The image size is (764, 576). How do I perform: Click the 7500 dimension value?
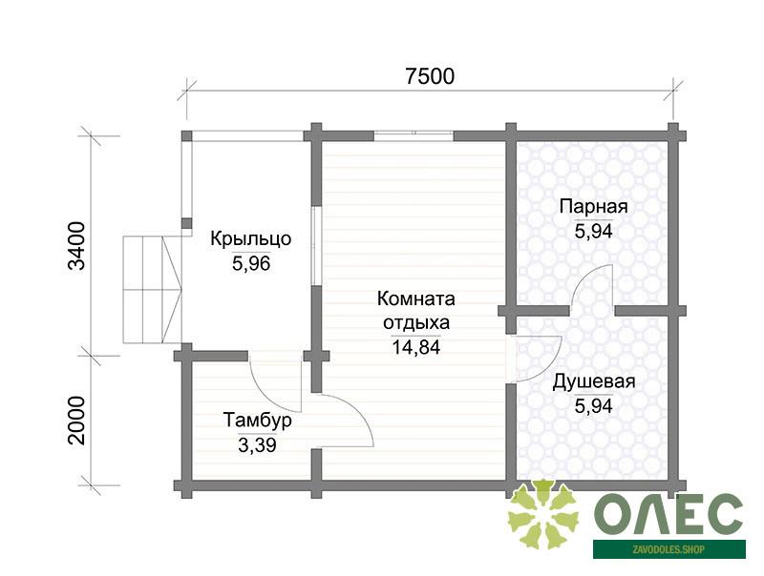coord(430,76)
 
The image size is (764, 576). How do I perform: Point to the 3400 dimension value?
coord(77,246)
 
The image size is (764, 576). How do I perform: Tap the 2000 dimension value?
coord(77,421)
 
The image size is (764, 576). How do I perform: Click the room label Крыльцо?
coord(251,238)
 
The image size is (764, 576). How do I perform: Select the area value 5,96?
coord(251,263)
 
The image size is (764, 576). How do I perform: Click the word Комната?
coord(416,298)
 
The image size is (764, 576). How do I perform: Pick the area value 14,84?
coord(416,347)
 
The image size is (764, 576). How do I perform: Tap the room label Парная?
coord(593,206)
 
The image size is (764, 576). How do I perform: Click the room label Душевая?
coord(593,381)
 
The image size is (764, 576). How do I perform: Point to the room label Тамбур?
coord(258,420)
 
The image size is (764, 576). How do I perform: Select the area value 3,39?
coord(257,444)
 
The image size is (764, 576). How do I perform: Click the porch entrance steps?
coord(153,290)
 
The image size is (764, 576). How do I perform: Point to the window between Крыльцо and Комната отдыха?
coord(316,246)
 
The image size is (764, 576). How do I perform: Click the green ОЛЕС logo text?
coord(668,514)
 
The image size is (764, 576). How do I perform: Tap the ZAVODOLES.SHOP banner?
coord(669,549)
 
